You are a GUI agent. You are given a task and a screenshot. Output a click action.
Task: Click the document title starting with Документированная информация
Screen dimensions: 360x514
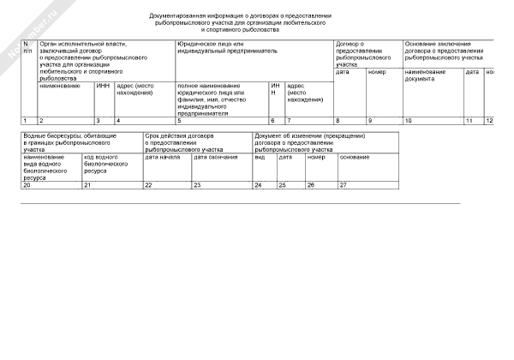[x=239, y=22]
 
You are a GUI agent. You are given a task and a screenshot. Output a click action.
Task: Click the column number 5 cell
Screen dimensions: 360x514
[x=221, y=121]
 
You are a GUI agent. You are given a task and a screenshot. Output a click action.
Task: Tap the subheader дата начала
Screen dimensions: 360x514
[x=162, y=157]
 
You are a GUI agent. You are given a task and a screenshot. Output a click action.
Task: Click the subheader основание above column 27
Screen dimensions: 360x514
[x=355, y=157]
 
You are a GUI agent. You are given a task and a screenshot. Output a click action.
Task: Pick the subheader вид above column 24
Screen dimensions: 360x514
[x=260, y=157]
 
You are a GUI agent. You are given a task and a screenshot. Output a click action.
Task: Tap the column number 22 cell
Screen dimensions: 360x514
[x=166, y=185]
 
